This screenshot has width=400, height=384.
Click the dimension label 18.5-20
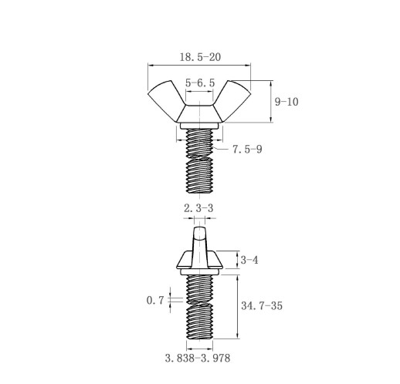click(200, 57)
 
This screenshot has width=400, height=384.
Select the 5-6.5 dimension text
click(200, 83)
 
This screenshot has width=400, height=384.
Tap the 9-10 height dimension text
click(286, 102)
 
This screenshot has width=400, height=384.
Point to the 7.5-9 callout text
click(247, 149)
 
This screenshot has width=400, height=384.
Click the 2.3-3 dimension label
click(198, 208)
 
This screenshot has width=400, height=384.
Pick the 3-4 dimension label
click(249, 260)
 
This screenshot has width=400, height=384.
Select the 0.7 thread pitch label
click(155, 300)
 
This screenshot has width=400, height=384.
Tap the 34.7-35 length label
click(262, 305)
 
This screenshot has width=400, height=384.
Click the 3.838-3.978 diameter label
click(198, 358)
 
